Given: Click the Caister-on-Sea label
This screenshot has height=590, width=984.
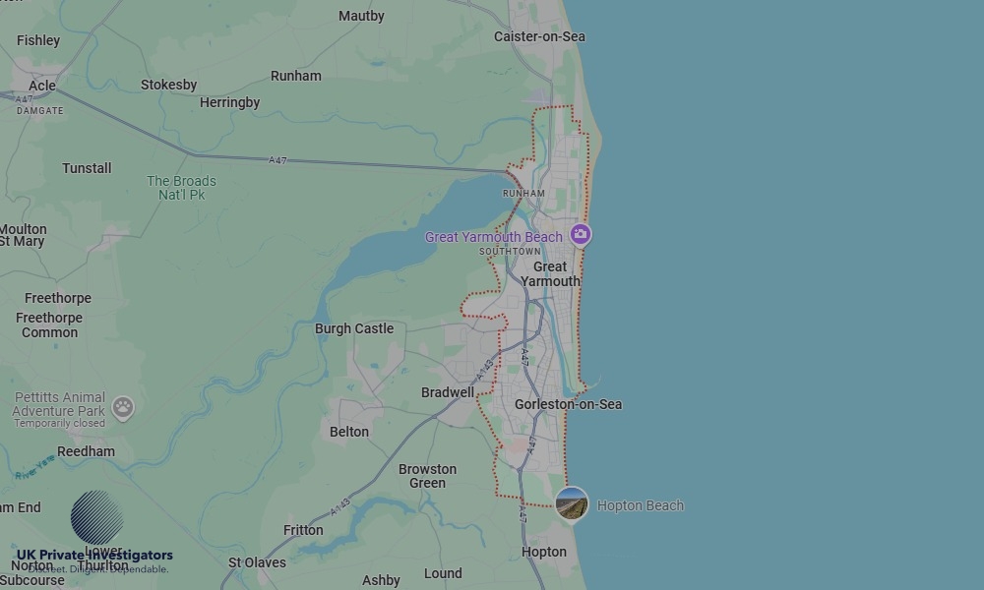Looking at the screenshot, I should click(x=539, y=36).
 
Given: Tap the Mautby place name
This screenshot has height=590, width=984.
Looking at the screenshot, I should click(x=361, y=16).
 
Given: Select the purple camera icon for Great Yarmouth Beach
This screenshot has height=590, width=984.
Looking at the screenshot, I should click(x=581, y=234).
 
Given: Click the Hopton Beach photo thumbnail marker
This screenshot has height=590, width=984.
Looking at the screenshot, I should click(x=572, y=504).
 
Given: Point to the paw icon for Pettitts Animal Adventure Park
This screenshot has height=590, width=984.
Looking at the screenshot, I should click(x=122, y=407).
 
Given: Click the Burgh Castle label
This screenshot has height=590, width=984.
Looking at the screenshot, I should click(x=353, y=328).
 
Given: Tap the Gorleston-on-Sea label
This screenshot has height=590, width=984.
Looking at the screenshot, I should click(x=568, y=404).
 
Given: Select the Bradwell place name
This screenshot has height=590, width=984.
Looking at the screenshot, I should click(x=447, y=392).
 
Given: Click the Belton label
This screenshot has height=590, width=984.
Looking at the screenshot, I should click(x=349, y=432).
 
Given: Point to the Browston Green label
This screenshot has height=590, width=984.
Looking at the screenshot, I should click(x=427, y=476).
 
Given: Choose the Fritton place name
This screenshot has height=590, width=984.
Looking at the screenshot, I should click(x=303, y=530).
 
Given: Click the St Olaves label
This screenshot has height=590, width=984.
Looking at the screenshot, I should click(x=257, y=562).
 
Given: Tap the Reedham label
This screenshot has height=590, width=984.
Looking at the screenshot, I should click(x=86, y=451).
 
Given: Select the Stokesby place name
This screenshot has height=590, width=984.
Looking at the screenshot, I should click(x=168, y=85).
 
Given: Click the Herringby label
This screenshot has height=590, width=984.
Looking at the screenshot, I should click(x=229, y=102).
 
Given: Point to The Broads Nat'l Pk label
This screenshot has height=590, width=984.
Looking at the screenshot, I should click(x=181, y=188).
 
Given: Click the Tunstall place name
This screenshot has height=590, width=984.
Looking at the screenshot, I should click(x=87, y=168).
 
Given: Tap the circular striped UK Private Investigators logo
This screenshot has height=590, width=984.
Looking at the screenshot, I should click(x=96, y=516).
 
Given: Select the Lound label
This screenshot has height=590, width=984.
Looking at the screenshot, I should click(x=443, y=573).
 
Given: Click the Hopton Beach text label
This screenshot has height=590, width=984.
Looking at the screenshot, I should click(x=640, y=505).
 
